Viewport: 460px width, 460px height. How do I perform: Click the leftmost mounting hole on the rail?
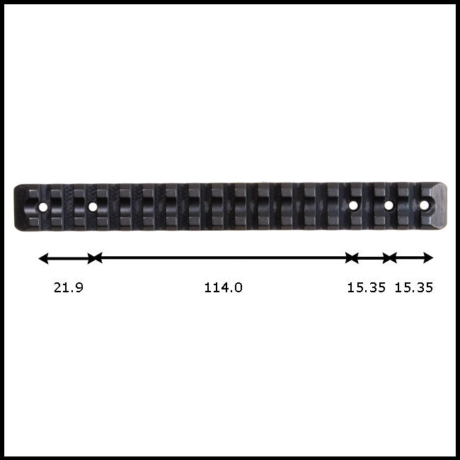tap(43, 207)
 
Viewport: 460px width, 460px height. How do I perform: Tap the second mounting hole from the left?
tap(93, 207)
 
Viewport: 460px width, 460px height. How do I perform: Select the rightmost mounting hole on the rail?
tap(424, 205)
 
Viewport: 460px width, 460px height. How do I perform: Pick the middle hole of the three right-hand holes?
tap(389, 205)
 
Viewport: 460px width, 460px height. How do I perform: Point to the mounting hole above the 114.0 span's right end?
tap(353, 205)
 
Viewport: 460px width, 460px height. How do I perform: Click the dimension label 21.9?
tap(69, 287)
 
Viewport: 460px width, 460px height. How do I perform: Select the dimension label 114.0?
tap(223, 287)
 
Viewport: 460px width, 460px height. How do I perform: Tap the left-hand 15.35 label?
tap(366, 287)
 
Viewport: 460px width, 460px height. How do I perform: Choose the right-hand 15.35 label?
tap(414, 287)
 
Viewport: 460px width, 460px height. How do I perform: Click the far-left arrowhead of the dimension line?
tap(43, 258)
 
